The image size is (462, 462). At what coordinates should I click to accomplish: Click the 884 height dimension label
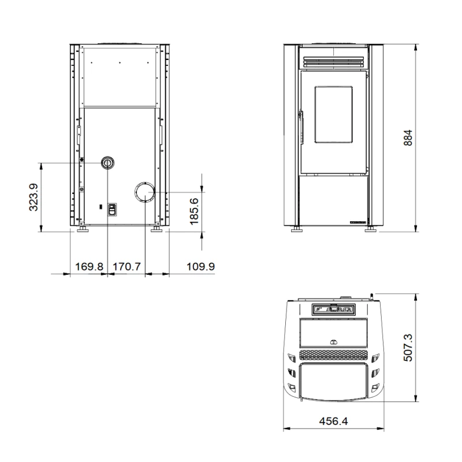coord(408,137)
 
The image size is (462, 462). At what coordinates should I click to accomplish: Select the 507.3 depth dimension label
coord(408,348)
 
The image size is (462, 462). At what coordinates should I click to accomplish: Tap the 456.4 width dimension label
coord(334,421)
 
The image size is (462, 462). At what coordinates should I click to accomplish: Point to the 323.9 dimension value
coord(33,197)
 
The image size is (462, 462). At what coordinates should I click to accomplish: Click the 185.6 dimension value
coord(194,211)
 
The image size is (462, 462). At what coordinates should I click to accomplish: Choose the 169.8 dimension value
coord(90,267)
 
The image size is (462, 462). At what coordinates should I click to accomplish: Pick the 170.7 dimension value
coord(127,267)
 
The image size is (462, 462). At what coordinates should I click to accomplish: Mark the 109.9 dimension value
coord(200,267)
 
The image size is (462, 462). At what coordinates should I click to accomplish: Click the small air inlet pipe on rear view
coord(107,163)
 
